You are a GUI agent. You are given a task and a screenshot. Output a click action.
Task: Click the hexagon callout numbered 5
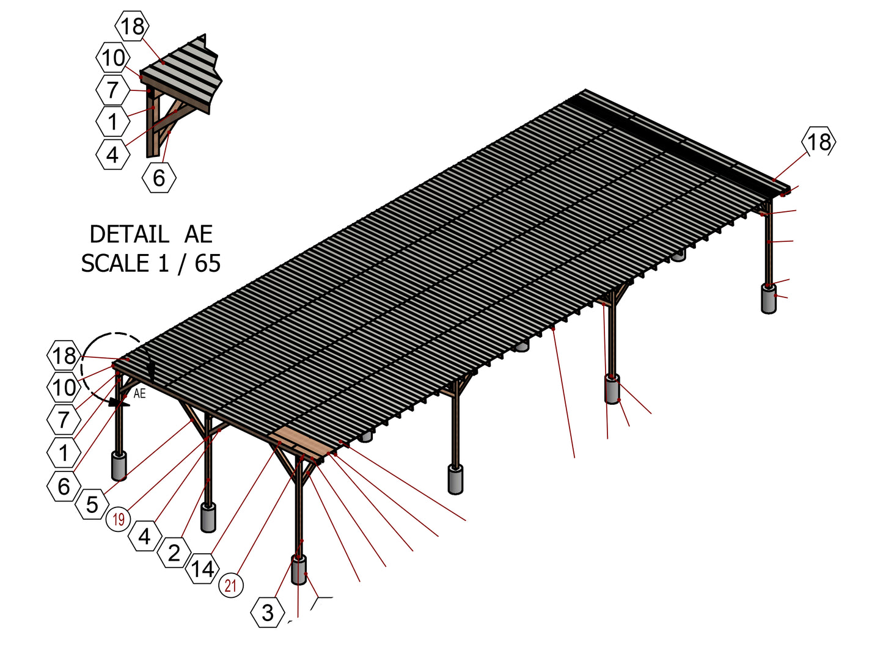pyautogui.click(x=92, y=504)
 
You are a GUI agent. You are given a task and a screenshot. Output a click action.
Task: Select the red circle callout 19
pyautogui.click(x=119, y=520)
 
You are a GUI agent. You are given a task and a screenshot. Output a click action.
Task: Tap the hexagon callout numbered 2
pyautogui.click(x=174, y=553)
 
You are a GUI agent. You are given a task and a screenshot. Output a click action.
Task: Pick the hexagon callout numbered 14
pyautogui.click(x=202, y=569)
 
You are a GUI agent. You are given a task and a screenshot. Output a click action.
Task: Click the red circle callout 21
pyautogui.click(x=230, y=585)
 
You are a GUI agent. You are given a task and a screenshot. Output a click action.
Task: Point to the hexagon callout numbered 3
pyautogui.click(x=268, y=613)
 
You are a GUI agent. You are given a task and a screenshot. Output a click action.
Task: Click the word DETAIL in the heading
pyautogui.click(x=129, y=235)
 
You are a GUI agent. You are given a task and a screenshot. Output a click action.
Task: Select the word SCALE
pyautogui.click(x=115, y=264)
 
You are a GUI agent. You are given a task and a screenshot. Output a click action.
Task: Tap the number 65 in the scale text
pyautogui.click(x=208, y=264)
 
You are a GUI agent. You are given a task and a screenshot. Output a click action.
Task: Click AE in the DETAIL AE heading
pyautogui.click(x=199, y=235)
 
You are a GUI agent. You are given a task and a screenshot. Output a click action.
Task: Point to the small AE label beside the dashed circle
pyautogui.click(x=139, y=393)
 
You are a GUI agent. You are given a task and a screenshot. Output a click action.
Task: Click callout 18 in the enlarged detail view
pyautogui.click(x=132, y=26)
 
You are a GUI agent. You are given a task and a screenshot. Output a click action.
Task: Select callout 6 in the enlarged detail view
pyautogui.click(x=159, y=177)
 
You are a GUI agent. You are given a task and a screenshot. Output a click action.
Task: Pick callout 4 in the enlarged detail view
pyautogui.click(x=113, y=155)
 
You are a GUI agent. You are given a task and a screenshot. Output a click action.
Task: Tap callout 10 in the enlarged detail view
pyautogui.click(x=113, y=57)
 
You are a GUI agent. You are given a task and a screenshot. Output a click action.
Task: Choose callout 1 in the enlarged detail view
pyautogui.click(x=113, y=122)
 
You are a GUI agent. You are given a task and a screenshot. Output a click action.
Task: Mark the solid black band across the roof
pyautogui.click(x=680, y=144)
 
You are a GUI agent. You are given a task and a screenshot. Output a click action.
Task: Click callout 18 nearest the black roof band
pyautogui.click(x=819, y=142)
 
